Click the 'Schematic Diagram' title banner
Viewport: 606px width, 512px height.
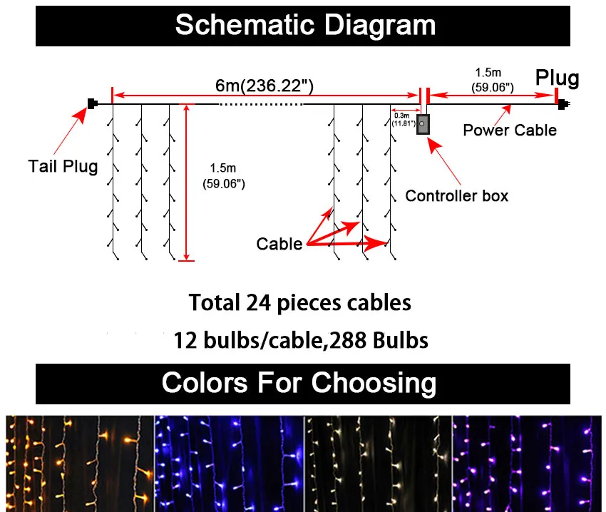(304, 25)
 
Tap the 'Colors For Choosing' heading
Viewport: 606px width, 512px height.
(299, 383)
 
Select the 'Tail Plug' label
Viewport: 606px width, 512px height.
(63, 166)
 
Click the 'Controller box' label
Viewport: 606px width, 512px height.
(457, 195)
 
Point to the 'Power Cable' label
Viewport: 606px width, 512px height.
(510, 130)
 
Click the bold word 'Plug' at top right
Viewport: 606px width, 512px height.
(558, 78)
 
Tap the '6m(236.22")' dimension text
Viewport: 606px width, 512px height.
(265, 85)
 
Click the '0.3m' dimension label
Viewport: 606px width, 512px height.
(401, 115)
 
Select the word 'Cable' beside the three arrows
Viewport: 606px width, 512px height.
(279, 244)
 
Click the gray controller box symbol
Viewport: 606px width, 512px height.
(423, 123)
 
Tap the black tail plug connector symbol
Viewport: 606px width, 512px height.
(91, 104)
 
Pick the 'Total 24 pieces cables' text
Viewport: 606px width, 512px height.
(299, 302)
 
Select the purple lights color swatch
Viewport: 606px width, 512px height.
(528, 464)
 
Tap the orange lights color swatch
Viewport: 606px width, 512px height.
(79, 464)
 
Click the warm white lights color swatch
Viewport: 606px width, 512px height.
(378, 464)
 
